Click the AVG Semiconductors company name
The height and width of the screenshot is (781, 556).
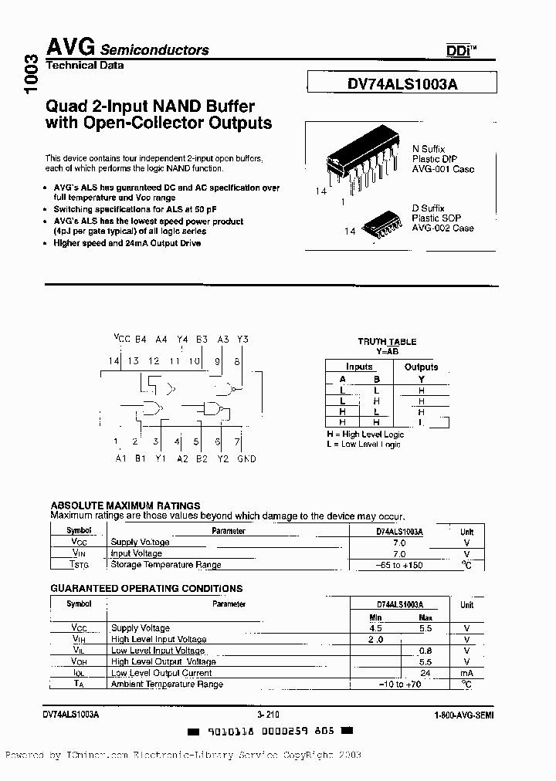pyautogui.click(x=128, y=49)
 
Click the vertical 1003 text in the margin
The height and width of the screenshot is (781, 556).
pyautogui.click(x=31, y=75)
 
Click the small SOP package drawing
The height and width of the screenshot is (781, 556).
pyautogui.click(x=382, y=224)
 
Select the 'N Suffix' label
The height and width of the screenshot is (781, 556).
pyautogui.click(x=429, y=149)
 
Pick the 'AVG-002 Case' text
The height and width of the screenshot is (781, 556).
pyautogui.click(x=442, y=228)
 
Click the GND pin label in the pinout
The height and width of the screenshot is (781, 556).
pyautogui.click(x=246, y=458)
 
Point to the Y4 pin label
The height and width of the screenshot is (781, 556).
pyautogui.click(x=181, y=339)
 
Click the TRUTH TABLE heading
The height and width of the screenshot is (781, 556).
pyautogui.click(x=387, y=341)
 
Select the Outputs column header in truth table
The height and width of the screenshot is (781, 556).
pyautogui.click(x=421, y=367)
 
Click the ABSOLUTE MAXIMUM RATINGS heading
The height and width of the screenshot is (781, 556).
pyautogui.click(x=125, y=506)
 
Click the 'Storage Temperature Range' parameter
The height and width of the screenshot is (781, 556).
pyautogui.click(x=166, y=565)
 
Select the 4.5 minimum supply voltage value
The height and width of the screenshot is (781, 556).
pyautogui.click(x=377, y=628)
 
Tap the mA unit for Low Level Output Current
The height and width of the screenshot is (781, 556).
pyautogui.click(x=466, y=672)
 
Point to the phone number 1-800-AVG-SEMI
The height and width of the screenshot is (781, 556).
pyautogui.click(x=464, y=715)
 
